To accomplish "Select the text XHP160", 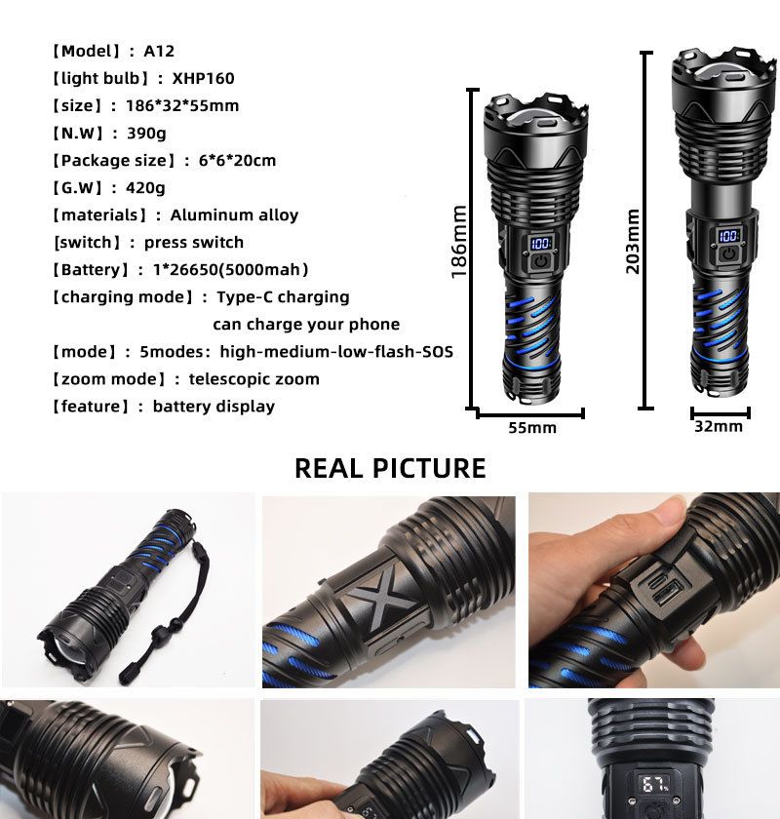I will pos(204,78).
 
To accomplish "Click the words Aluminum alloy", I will pos(234,214).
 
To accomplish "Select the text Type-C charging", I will pos(283,296).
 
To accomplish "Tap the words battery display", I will pos(214,406).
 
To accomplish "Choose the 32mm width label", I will pos(719,426).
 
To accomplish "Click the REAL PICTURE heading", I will pos(390,468).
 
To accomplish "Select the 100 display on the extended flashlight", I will pos(728,235).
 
